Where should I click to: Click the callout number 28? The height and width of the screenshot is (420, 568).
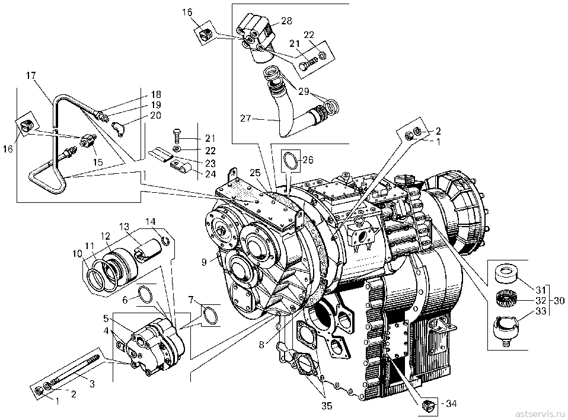(286, 21)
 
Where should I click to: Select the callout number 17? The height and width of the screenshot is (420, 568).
(31, 76)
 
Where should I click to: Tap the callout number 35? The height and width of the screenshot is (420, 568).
(327, 406)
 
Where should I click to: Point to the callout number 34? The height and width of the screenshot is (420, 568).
(451, 403)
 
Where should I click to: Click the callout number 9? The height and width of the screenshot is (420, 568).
(204, 261)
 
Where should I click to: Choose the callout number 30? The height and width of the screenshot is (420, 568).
(559, 300)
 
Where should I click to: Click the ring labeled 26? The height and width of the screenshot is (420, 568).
(291, 160)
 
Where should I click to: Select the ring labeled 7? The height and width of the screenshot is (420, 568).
(210, 315)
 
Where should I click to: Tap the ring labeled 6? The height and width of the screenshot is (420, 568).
(145, 294)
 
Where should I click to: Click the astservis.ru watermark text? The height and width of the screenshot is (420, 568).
(540, 413)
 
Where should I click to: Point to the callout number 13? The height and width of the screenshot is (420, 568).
(124, 227)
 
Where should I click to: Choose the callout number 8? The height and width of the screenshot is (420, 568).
(261, 345)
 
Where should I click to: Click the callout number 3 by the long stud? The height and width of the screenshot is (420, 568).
(92, 384)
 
